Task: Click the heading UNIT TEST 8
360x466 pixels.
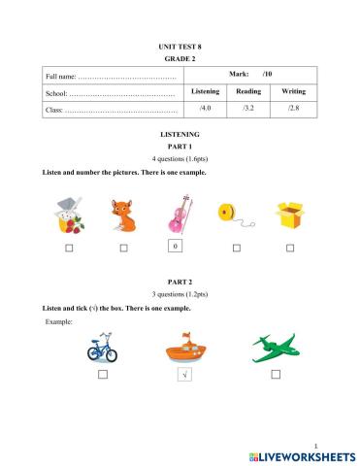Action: click(x=179, y=46)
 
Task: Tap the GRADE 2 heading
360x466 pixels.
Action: click(x=179, y=58)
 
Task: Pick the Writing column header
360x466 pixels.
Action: click(x=293, y=90)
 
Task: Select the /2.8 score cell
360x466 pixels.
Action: click(x=293, y=108)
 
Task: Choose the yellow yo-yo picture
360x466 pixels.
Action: click(x=233, y=214)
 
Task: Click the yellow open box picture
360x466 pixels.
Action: click(x=289, y=215)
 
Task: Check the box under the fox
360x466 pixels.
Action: click(x=123, y=249)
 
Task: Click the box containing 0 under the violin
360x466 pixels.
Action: click(x=176, y=248)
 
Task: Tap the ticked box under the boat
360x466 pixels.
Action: click(x=181, y=375)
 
